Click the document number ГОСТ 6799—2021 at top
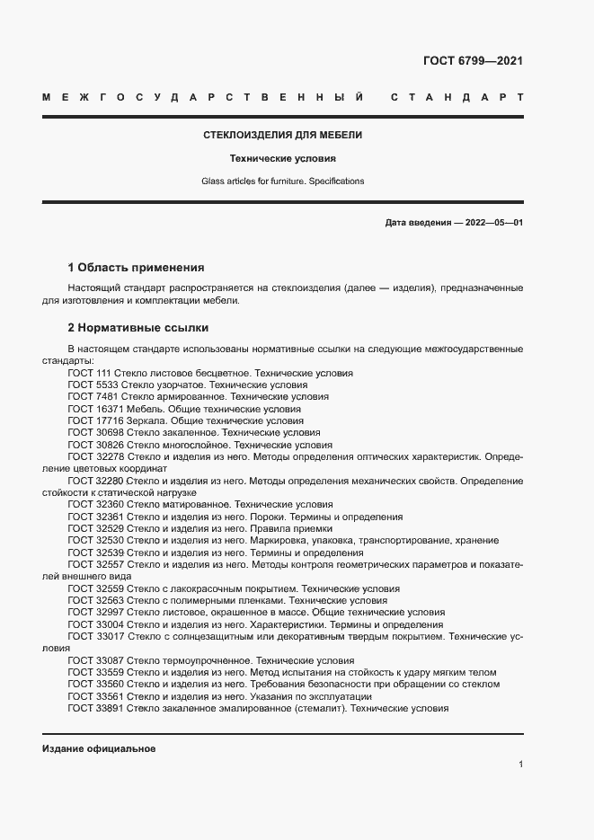473,62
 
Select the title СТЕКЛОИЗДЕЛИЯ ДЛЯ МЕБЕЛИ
283,135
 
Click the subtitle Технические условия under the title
282,158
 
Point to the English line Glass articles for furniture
282,181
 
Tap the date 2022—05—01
493,222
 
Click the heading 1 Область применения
136,268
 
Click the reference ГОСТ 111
88,372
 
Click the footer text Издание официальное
99,748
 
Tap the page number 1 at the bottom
520,765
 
